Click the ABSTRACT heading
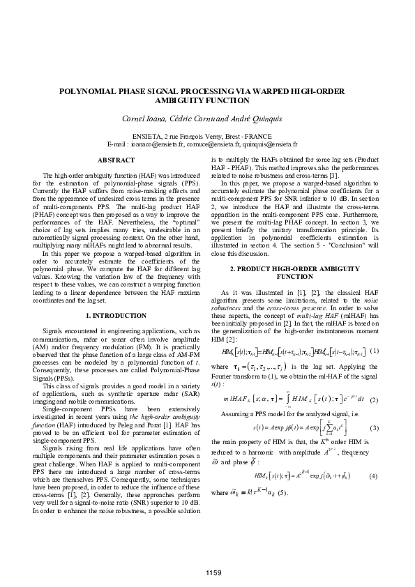(115, 160)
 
